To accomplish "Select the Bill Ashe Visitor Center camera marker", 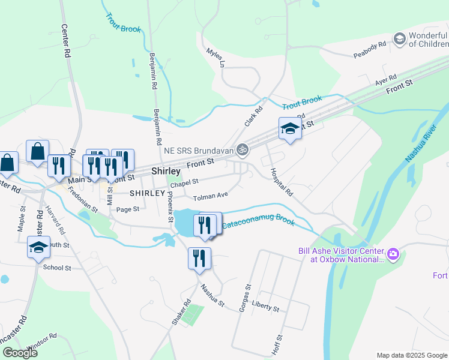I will click(393, 254).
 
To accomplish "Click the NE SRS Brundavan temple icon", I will click(243, 149).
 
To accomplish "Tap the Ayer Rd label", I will click(386, 80).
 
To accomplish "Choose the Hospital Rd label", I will click(281, 182).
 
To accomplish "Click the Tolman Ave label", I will click(210, 196).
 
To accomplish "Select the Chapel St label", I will click(184, 181).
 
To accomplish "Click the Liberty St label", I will click(266, 306).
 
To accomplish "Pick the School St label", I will click(57, 268).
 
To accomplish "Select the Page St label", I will click(128, 209).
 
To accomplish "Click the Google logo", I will click(20, 352).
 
